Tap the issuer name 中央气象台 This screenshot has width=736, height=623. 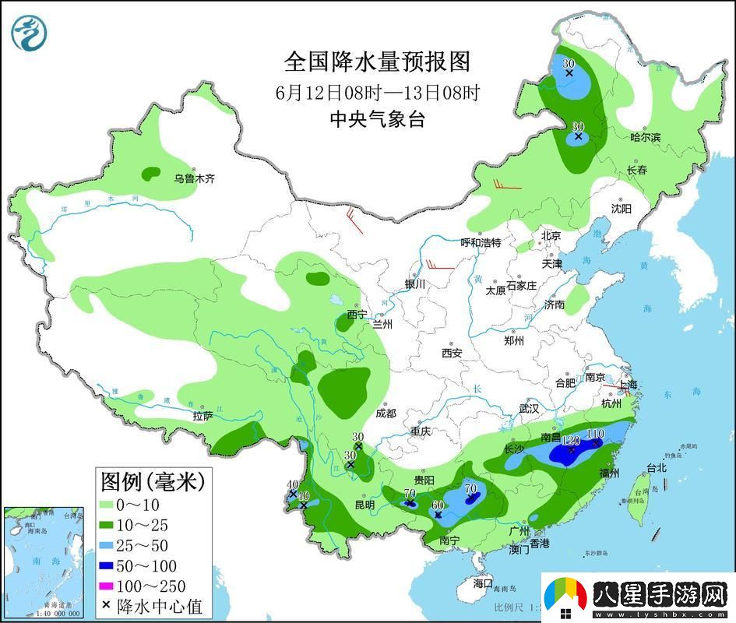pyautogui.click(x=378, y=119)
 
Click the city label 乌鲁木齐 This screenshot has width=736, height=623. pyautogui.click(x=194, y=179)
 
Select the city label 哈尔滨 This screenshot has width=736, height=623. pyautogui.click(x=645, y=137)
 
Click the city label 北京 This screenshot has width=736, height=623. pyautogui.click(x=551, y=235)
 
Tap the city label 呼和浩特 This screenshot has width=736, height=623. pyautogui.click(x=481, y=243)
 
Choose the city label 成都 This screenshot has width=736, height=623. pyautogui.click(x=386, y=414)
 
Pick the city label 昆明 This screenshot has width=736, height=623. pyautogui.click(x=364, y=505)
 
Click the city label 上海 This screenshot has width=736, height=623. pyautogui.click(x=627, y=385)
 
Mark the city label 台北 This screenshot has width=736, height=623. pyautogui.click(x=657, y=468)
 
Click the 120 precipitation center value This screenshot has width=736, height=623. pyautogui.click(x=571, y=441)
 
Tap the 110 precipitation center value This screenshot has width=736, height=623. pyautogui.click(x=595, y=434)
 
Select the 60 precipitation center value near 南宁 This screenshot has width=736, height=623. pyautogui.click(x=438, y=505)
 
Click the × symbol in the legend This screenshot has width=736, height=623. pyautogui.click(x=105, y=607)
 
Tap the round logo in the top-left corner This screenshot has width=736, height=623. pyautogui.click(x=30, y=32)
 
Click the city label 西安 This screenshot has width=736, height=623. pyautogui.click(x=452, y=353)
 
